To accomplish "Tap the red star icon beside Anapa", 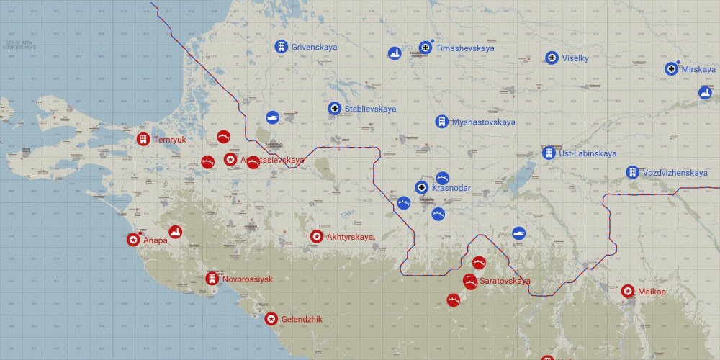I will point(133,240).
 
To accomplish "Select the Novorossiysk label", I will point(247,279).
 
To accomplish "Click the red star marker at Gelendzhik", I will point(271,318).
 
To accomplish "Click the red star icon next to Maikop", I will point(628,291).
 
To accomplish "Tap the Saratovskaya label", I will point(505,281).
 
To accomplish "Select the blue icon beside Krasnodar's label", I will point(422,187).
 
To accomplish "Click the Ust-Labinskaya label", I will point(588,153).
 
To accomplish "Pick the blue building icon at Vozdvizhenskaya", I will point(632,173).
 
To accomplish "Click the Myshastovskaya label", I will point(483,122).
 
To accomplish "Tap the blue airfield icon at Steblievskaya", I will point(334,109).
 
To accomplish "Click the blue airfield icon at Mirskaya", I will point(672,68).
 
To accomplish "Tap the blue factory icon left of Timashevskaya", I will point(394,53).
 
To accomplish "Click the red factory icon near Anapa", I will point(175,231).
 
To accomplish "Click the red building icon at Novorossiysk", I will point(212,279).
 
